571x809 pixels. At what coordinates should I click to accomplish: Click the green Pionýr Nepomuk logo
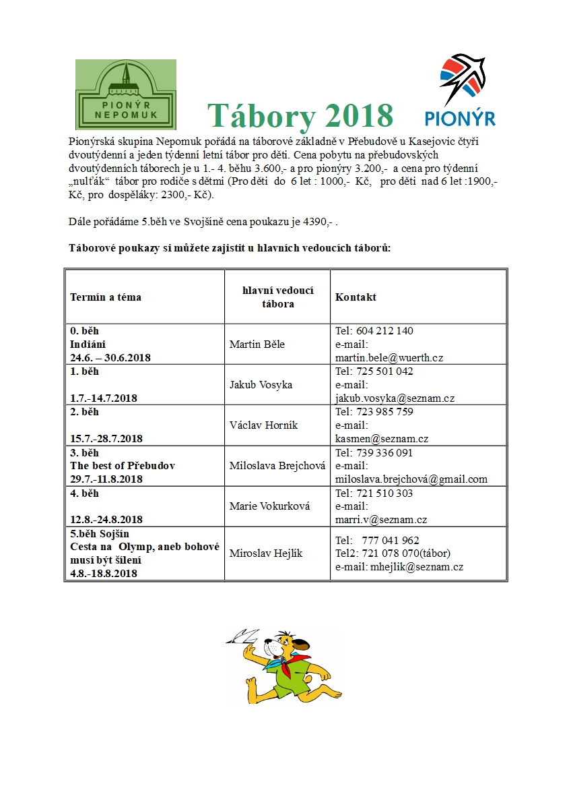126,94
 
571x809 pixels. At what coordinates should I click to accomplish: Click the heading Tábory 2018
300,115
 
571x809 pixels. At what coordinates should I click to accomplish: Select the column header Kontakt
356,297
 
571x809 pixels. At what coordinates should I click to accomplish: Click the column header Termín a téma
106,297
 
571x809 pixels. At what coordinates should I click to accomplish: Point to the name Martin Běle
257,344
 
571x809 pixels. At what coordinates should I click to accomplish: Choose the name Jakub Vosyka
262,385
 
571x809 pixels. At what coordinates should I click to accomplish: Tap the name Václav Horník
263,425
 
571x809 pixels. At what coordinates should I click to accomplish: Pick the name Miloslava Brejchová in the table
277,466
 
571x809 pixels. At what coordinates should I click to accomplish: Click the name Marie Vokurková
269,506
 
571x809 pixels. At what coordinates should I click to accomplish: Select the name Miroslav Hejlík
266,553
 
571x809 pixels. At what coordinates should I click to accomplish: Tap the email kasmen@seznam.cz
382,439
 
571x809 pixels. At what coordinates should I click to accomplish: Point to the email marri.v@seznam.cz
381,520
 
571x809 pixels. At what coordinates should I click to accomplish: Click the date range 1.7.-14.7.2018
104,398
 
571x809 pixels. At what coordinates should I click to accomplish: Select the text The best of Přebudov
123,466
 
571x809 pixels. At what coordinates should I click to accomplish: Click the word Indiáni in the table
88,344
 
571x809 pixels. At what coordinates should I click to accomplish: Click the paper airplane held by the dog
244,635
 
